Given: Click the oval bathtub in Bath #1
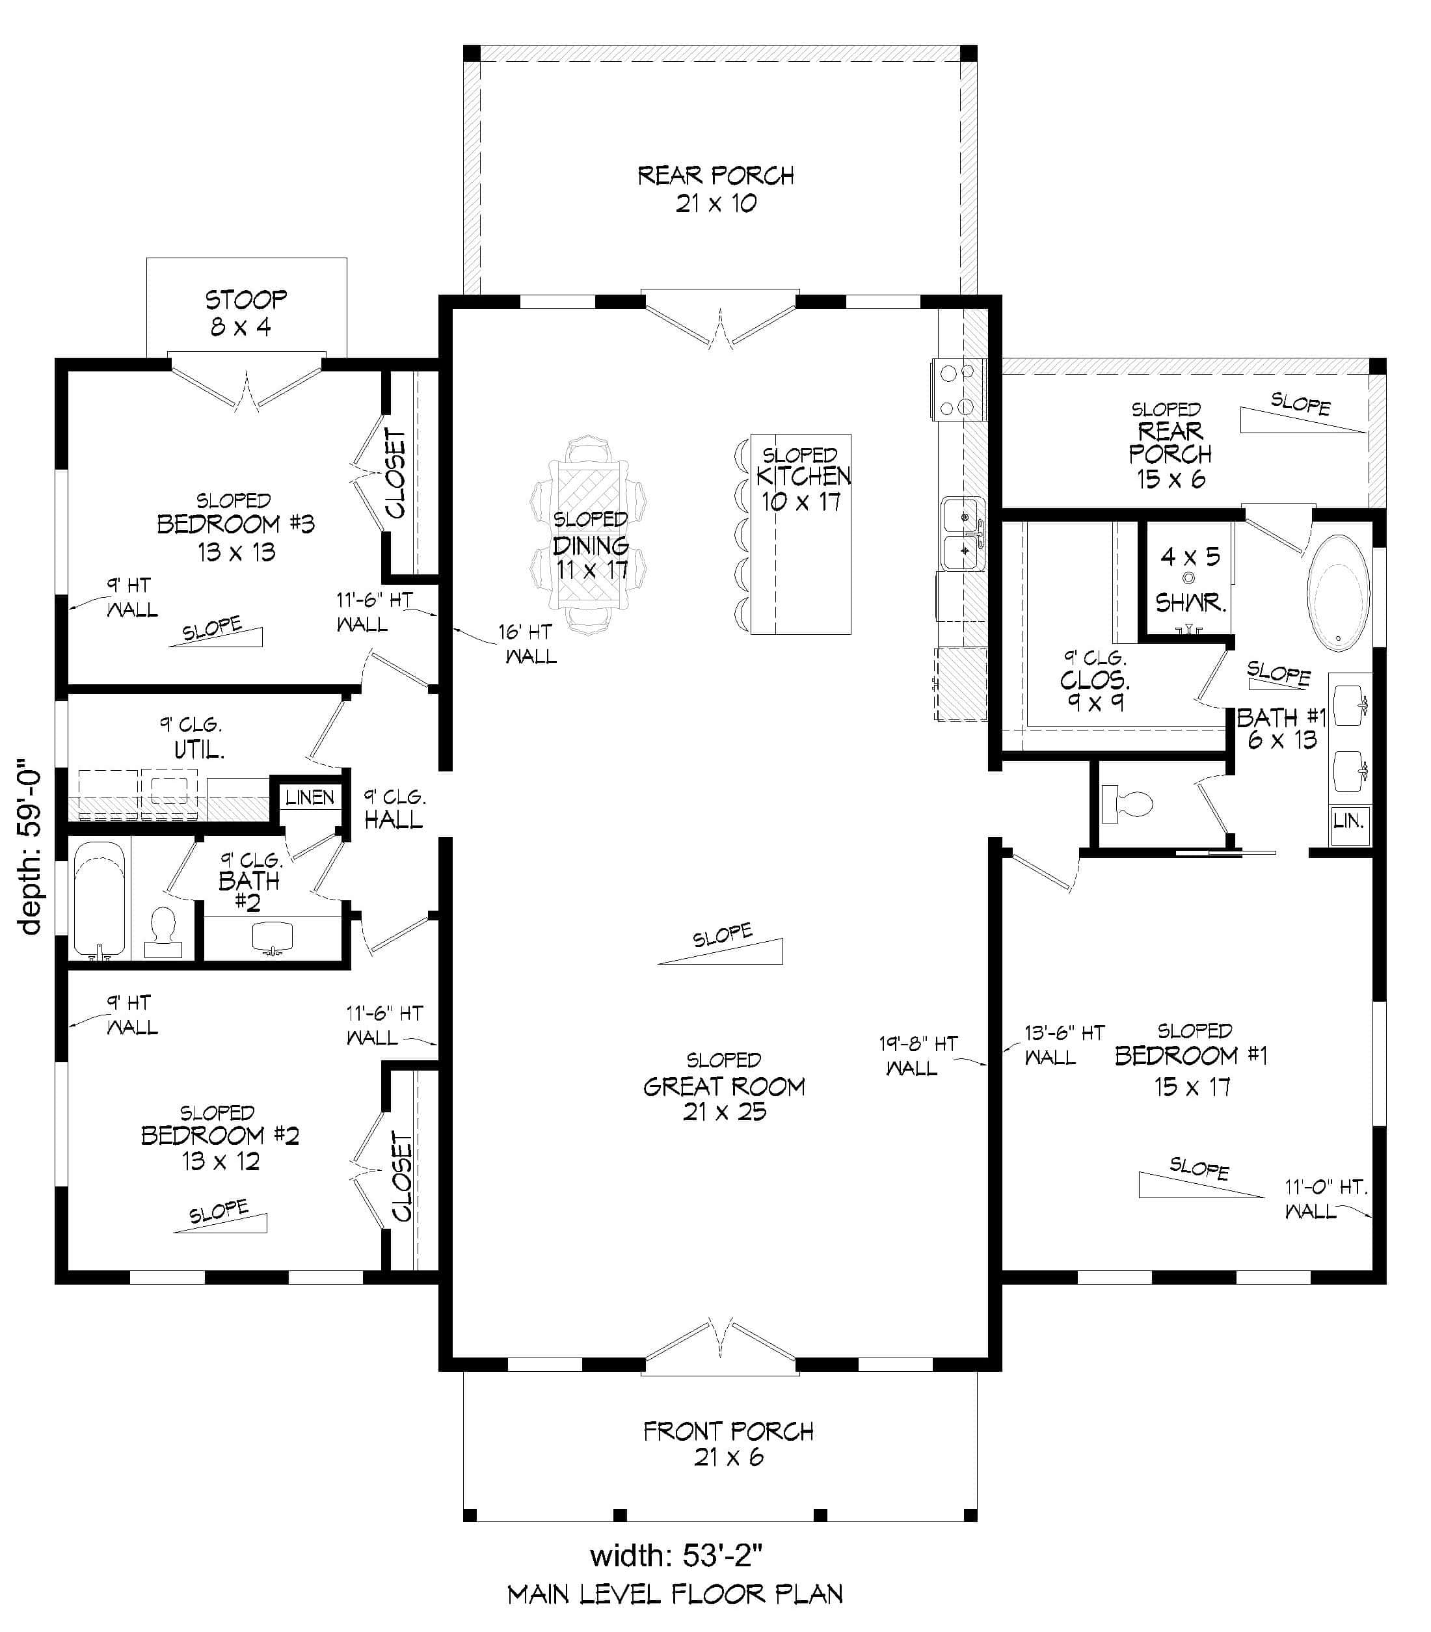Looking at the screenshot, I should coord(1339,592).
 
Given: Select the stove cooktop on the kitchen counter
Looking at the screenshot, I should coord(957,390).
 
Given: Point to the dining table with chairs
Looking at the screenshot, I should coord(590,535).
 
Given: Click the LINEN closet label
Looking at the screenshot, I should coord(310,797).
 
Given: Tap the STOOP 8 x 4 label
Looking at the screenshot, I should coord(245,312).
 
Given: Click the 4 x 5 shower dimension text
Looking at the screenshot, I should coord(1190,557).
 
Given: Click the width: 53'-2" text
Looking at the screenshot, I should coord(676,1555).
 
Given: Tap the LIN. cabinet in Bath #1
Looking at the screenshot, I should coord(1349,821).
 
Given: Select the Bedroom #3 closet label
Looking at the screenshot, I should coord(396,473).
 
